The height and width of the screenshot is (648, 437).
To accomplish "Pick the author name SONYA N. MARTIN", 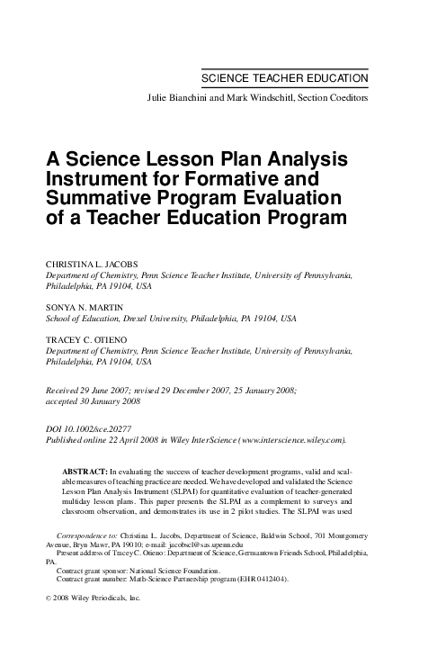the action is click(85, 307).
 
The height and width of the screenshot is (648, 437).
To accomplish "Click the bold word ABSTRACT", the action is click(84, 472).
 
